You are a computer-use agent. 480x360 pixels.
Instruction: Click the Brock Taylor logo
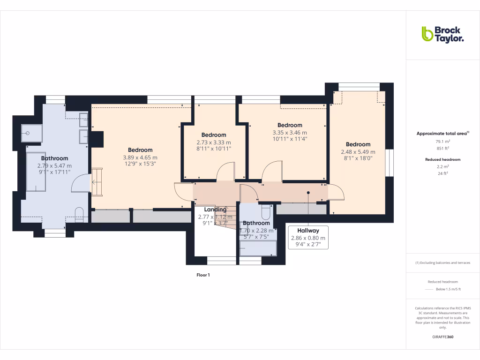point(442,34)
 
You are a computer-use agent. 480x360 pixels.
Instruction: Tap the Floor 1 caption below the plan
point(203,275)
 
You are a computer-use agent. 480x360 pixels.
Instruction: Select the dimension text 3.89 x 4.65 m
point(140,157)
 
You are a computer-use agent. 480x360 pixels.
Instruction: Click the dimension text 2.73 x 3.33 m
point(213,142)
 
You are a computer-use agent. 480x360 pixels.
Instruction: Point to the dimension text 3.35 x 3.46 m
point(289,133)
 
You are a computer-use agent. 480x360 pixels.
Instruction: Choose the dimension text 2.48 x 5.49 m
point(358,152)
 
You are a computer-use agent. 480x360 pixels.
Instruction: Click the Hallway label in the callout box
point(308,231)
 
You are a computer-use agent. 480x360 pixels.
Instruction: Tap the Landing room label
point(215,210)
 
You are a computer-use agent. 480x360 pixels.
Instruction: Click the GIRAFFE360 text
point(443,337)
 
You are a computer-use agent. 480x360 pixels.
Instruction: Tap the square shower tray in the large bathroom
point(31,133)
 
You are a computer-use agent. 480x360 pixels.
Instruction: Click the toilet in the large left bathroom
point(79,214)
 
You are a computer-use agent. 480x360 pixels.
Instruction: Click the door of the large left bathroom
point(79,183)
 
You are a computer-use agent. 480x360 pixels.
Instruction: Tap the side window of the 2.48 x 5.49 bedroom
point(389,163)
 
